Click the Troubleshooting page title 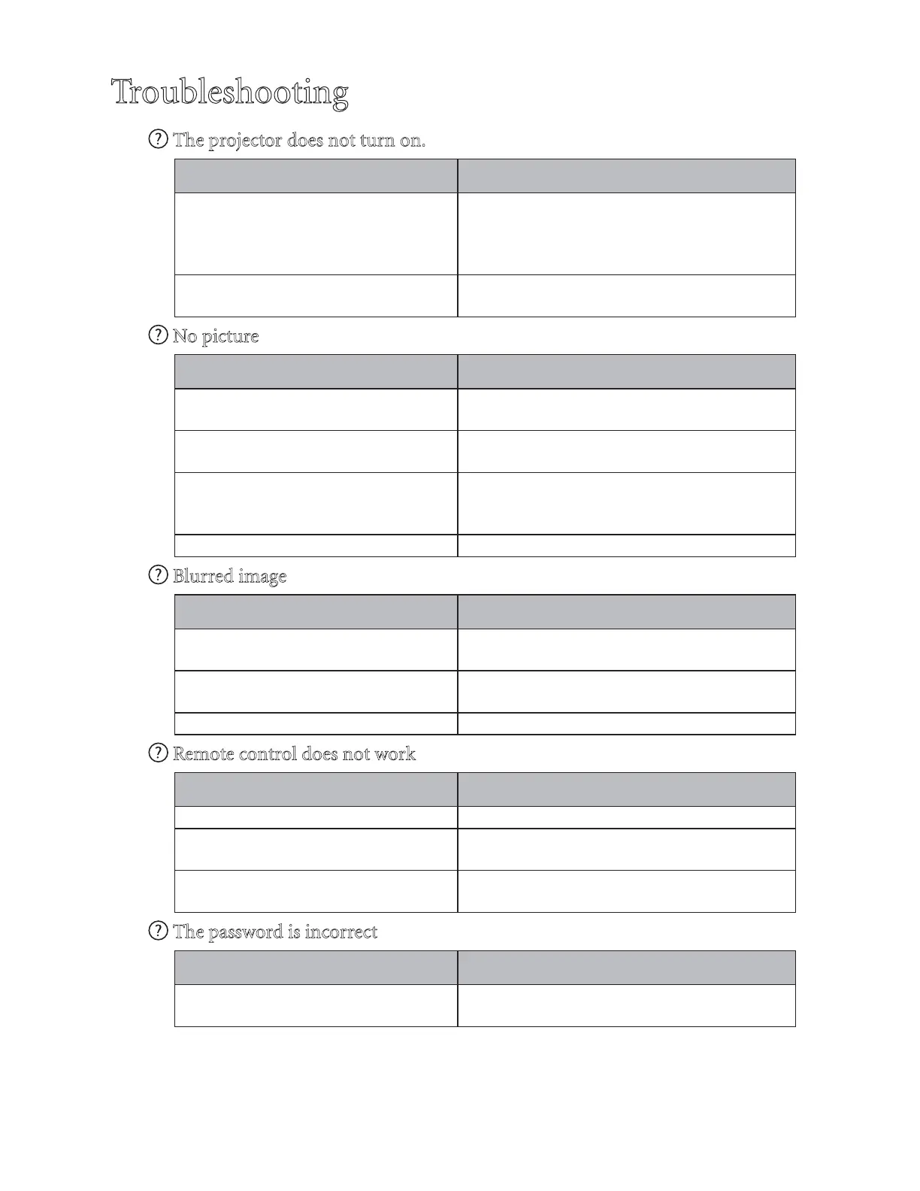pyautogui.click(x=230, y=92)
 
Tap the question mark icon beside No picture pyautogui.click(x=158, y=335)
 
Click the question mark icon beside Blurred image pyautogui.click(x=158, y=575)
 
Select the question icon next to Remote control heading pyautogui.click(x=158, y=753)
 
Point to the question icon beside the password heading pyautogui.click(x=158, y=931)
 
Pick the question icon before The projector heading pyautogui.click(x=158, y=139)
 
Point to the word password pyautogui.click(x=245, y=932)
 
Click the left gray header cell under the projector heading pyautogui.click(x=316, y=176)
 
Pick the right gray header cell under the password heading pyautogui.click(x=626, y=968)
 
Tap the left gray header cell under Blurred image pyautogui.click(x=316, y=612)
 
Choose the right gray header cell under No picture pyautogui.click(x=626, y=371)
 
